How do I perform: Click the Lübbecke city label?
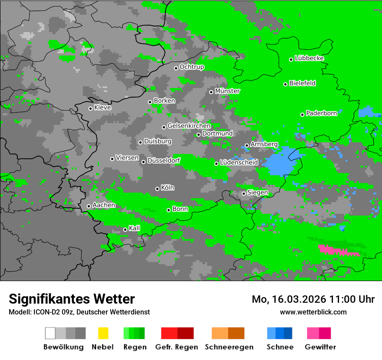[x=310, y=58]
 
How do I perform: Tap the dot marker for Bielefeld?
[x=286, y=84]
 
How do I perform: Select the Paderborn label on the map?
[x=322, y=113]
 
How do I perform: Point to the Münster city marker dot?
[x=211, y=92]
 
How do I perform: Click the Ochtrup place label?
[x=192, y=67]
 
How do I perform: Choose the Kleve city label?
[x=103, y=108]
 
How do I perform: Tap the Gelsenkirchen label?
[x=189, y=126]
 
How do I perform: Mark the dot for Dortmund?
[x=199, y=134]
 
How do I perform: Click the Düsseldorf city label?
[x=164, y=160]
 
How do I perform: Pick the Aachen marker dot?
[x=89, y=206]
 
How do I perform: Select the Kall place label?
[x=135, y=228]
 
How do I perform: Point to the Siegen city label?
[x=258, y=193]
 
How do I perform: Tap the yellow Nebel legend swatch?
[x=103, y=333]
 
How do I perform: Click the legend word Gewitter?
[x=320, y=347]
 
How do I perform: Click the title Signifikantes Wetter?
[x=72, y=299]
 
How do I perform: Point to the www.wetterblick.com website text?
[x=313, y=312]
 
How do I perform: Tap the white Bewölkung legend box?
[x=50, y=333]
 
